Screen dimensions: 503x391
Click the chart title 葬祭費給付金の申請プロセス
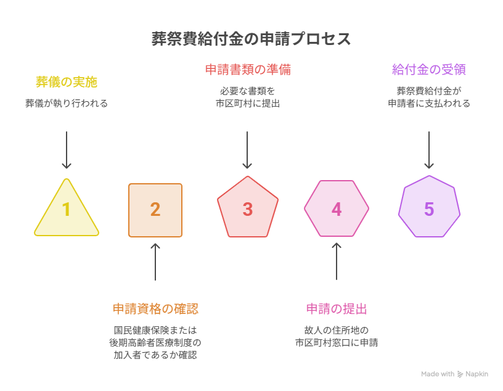click(251, 39)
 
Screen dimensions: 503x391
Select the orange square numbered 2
click(155, 210)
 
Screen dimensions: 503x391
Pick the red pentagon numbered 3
click(248, 208)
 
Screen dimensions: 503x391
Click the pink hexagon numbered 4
click(337, 208)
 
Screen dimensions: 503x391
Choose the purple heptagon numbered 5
click(429, 207)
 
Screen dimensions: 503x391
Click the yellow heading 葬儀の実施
click(67, 82)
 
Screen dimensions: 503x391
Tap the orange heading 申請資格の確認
click(155, 309)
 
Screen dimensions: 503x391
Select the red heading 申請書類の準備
click(248, 70)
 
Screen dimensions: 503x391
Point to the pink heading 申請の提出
click(337, 309)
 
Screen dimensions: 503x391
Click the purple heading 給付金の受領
click(429, 70)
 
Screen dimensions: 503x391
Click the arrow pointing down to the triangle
click(67, 150)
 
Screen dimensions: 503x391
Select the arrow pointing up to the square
click(155, 261)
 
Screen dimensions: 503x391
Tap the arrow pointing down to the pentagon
click(247, 150)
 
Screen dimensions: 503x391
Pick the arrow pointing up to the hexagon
click(337, 261)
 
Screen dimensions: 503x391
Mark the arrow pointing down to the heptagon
click(429, 150)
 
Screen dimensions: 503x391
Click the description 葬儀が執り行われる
click(67, 104)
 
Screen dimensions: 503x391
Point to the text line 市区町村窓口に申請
click(337, 342)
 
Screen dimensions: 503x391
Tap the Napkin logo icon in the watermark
click(460, 374)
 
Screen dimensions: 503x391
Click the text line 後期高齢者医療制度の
click(155, 342)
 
